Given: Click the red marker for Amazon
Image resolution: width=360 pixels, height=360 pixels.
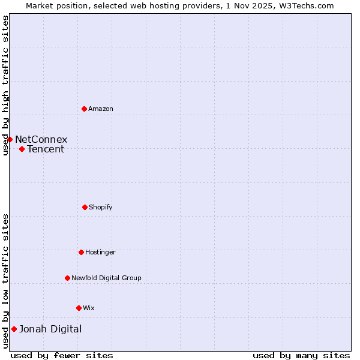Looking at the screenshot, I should coord(84,109).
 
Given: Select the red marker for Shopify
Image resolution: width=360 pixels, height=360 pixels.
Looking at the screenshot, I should coord(85,207).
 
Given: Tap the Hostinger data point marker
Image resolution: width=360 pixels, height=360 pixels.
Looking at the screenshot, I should coord(81,252).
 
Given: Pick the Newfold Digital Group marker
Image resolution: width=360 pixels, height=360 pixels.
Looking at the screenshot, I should coord(67,278).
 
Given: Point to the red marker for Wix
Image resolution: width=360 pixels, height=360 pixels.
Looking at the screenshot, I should coord(79,308).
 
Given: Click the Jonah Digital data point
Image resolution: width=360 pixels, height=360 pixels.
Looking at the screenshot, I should coord(14,329).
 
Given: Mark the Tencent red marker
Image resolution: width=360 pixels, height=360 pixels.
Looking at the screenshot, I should coord(22,149).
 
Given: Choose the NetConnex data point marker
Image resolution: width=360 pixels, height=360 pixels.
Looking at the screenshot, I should coord(10,139).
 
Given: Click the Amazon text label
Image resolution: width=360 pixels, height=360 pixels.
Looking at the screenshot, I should coord(101,109).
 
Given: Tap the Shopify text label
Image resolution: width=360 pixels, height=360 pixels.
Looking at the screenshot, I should coord(101,207).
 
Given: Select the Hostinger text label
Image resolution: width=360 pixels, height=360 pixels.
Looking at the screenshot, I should coord(100,252).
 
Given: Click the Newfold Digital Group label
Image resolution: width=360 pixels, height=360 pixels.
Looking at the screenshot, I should coord(106,278).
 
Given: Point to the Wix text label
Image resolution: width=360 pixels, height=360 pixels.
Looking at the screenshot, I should coord(89,308).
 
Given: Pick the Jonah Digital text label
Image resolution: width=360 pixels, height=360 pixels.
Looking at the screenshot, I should coord(50,329).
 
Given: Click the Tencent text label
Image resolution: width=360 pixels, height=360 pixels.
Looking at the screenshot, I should coord(46,149).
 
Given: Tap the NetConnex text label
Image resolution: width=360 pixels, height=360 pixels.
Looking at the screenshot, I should coord(41,139).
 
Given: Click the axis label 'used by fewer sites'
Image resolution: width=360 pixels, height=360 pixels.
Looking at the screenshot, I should coord(62,355).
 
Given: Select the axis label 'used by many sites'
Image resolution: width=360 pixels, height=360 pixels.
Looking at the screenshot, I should coord(301,355).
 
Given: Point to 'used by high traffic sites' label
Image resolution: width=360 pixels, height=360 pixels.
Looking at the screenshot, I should coord(5,85).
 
